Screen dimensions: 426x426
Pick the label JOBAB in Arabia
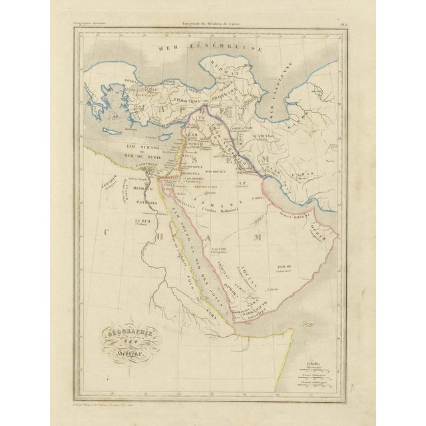pyautogui.click(x=283, y=265)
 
